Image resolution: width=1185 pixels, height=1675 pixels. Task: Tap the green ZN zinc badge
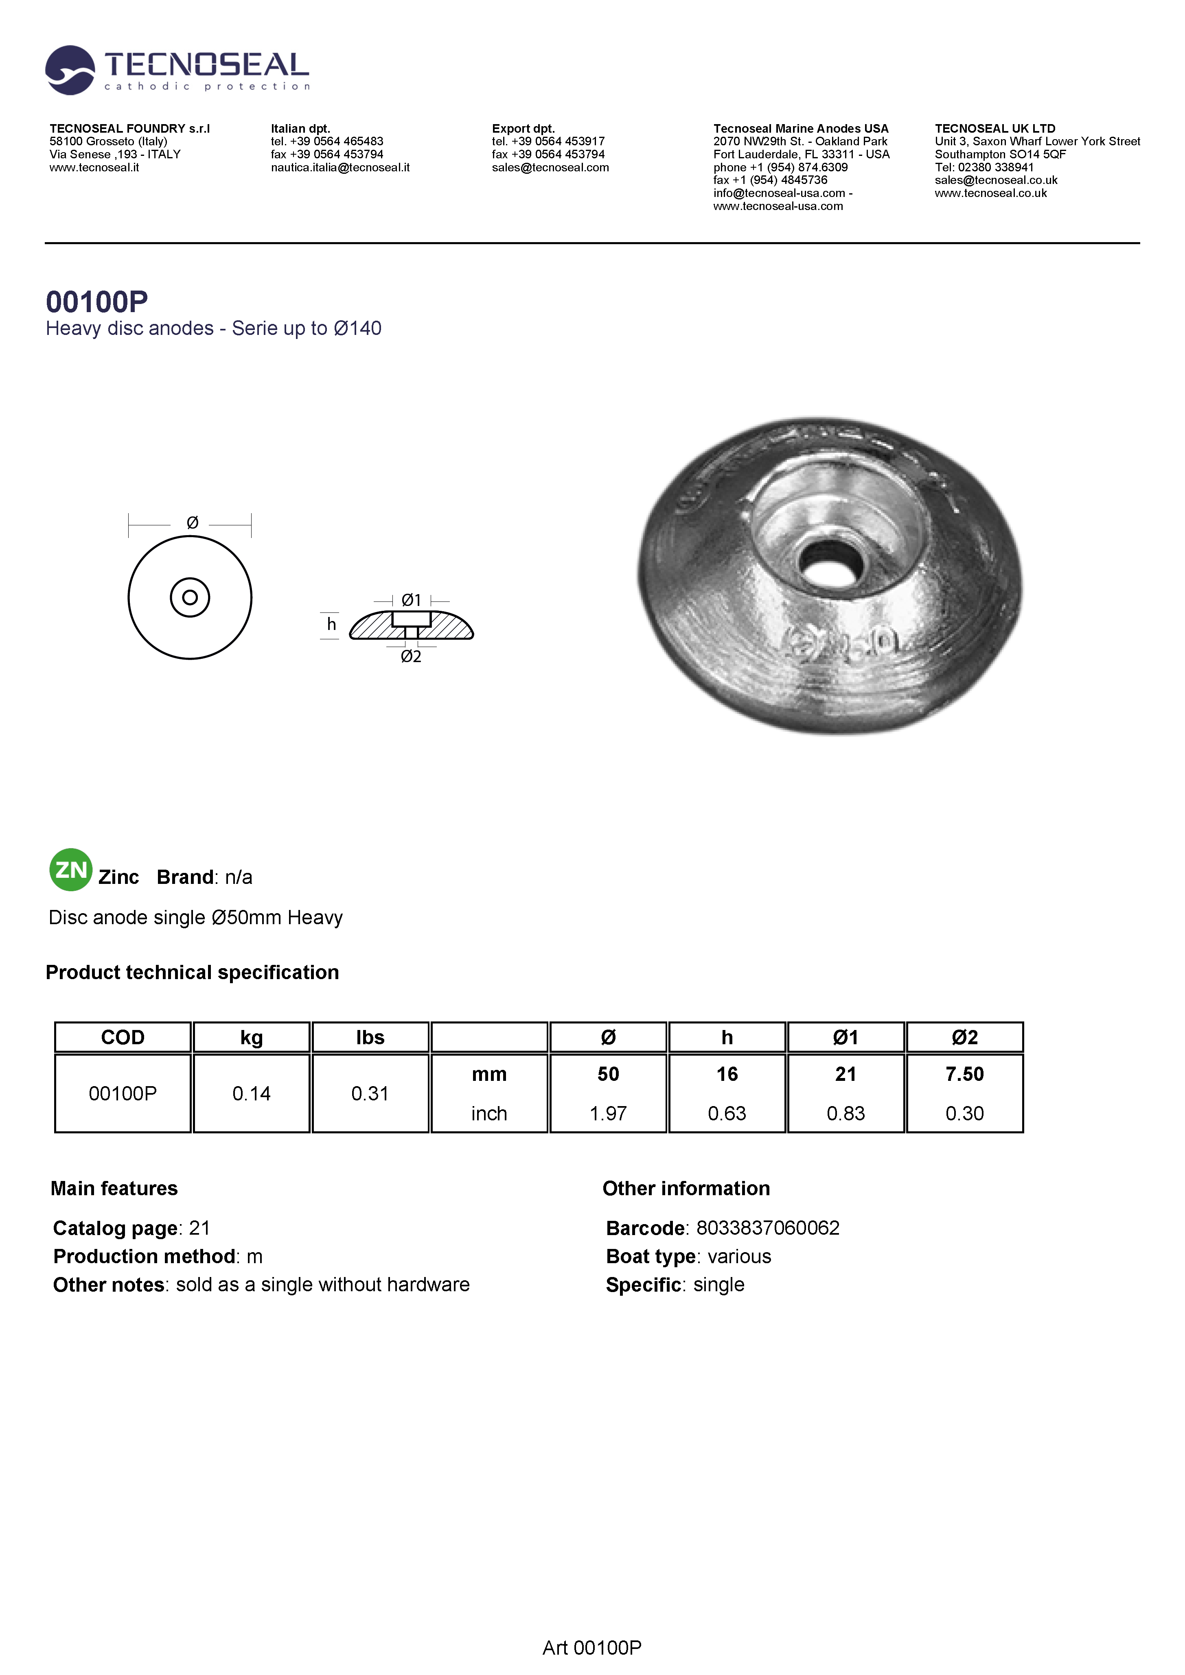71,870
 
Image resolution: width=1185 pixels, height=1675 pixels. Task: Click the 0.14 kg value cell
251,1093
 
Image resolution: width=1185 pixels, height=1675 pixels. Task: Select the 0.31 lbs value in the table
370,1093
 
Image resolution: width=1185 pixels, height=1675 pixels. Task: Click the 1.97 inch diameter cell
608,1113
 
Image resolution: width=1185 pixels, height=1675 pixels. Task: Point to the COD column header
123,1037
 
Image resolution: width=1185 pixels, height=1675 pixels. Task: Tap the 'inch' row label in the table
489,1113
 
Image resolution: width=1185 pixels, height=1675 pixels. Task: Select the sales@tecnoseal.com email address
550,168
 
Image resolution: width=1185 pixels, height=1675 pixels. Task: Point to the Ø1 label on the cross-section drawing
412,600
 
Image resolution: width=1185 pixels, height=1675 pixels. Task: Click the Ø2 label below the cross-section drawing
412,656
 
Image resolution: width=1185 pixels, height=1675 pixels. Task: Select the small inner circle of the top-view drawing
190,597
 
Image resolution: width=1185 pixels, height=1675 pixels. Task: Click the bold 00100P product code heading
97,301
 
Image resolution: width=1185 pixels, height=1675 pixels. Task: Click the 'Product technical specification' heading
192,973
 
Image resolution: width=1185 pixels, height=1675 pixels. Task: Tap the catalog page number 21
199,1229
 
